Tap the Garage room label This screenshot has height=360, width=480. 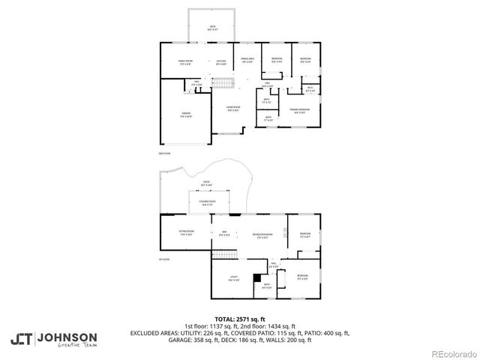[x=186, y=115]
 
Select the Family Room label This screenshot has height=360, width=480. [x=185, y=62]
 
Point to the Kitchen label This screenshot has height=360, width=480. [x=221, y=62]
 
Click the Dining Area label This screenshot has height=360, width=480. [x=247, y=59]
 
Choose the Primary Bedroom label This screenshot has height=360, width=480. [x=300, y=111]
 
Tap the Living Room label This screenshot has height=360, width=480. [x=234, y=109]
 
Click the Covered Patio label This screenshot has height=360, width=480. [x=208, y=202]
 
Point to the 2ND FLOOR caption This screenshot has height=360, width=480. [x=165, y=154]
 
